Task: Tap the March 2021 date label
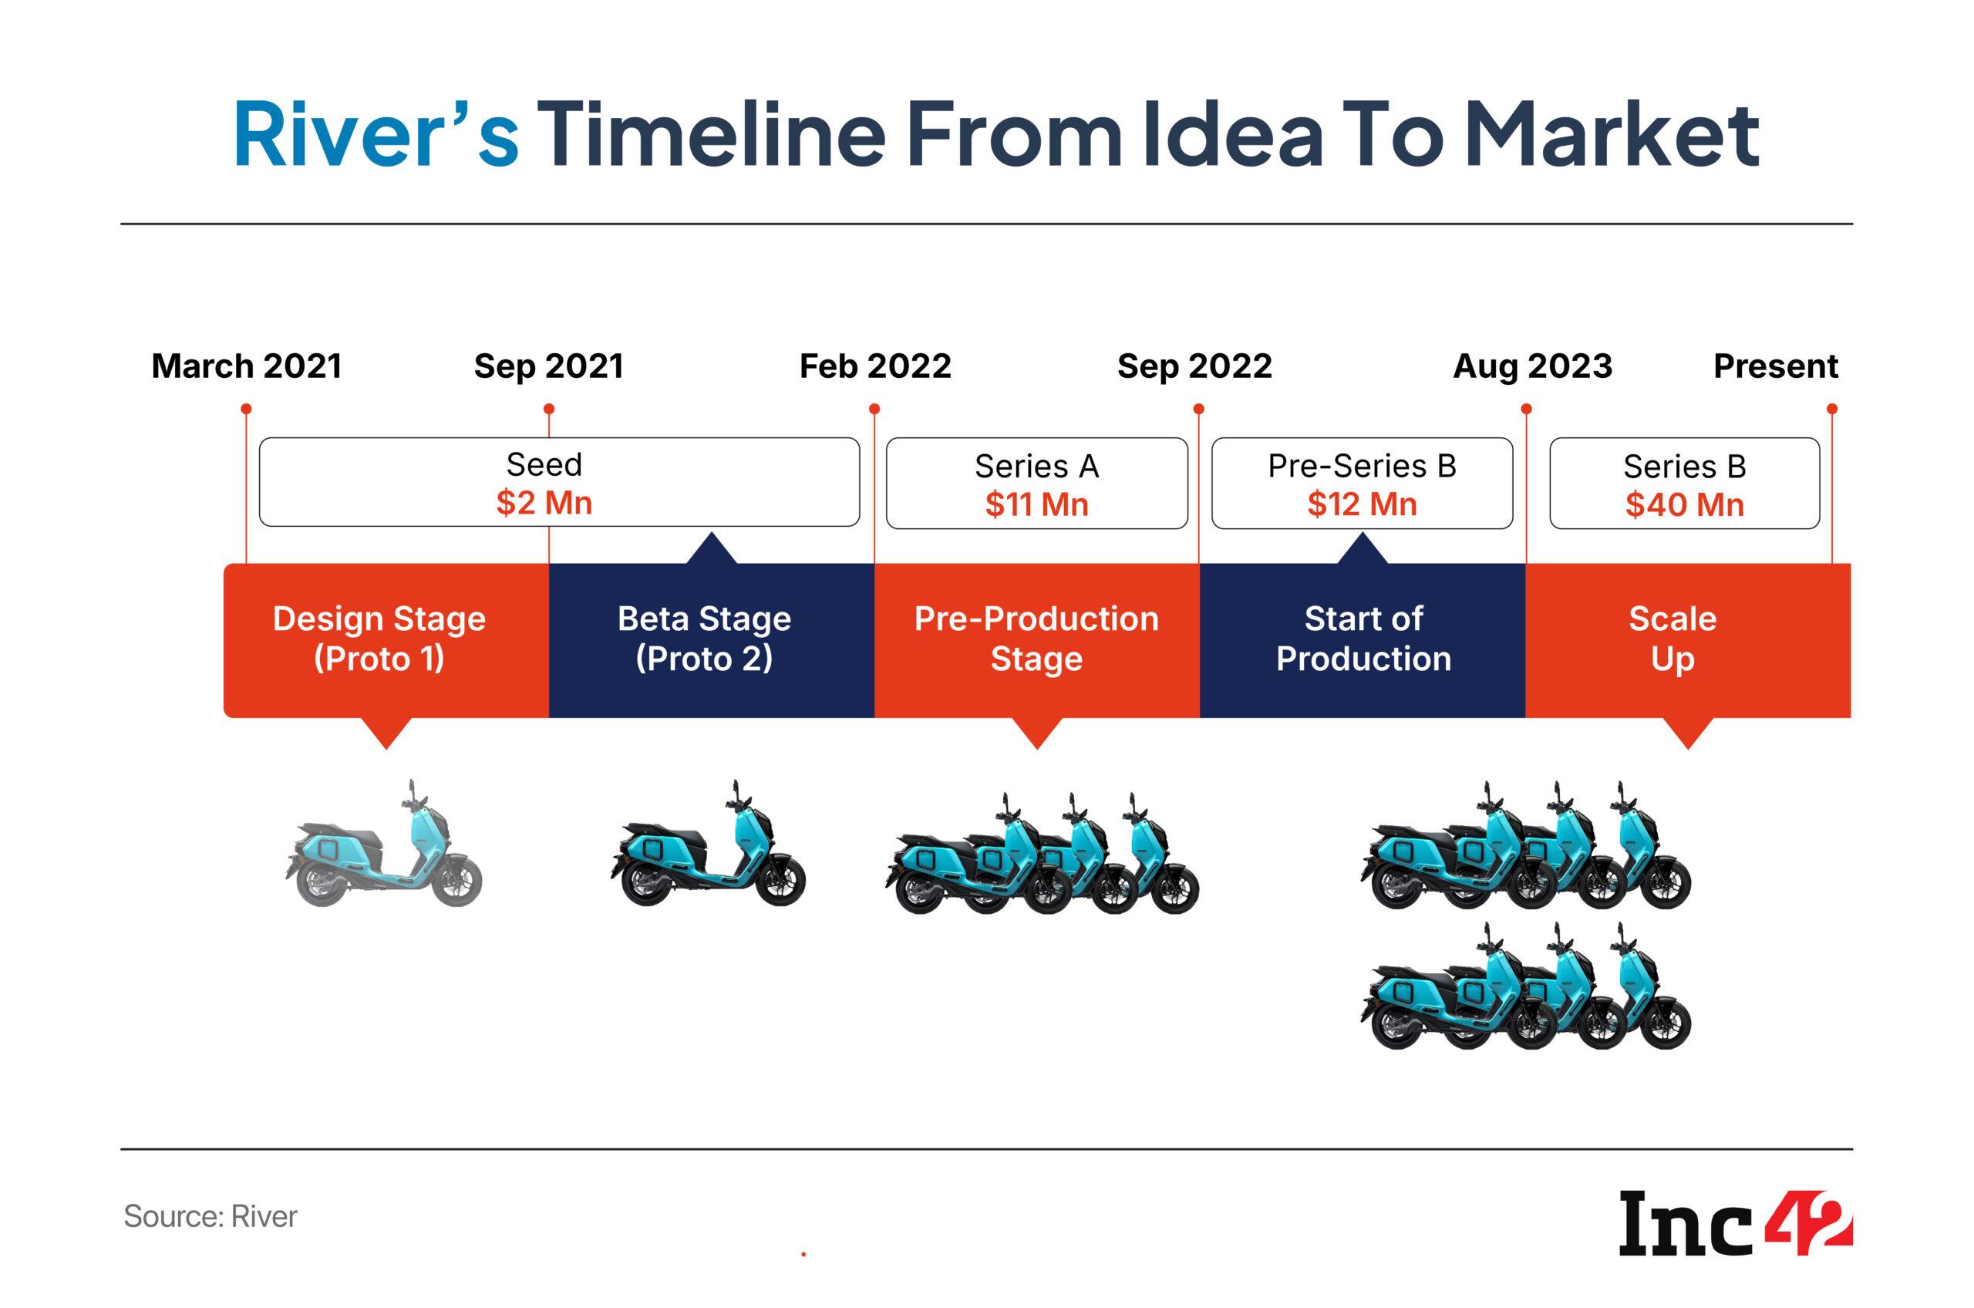click(247, 366)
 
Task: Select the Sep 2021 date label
click(549, 366)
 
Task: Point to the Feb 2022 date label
click(875, 366)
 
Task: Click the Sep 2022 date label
click(1194, 366)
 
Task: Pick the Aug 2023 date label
click(1532, 366)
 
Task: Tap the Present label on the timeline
click(1776, 366)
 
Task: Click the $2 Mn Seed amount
click(544, 503)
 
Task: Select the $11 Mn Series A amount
click(1036, 504)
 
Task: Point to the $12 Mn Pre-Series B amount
click(1362, 504)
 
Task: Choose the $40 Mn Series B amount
click(1685, 504)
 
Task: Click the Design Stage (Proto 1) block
click(386, 640)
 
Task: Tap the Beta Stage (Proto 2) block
click(712, 640)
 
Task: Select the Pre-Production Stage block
click(1036, 640)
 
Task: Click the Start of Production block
click(1363, 640)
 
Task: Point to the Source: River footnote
click(211, 1216)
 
